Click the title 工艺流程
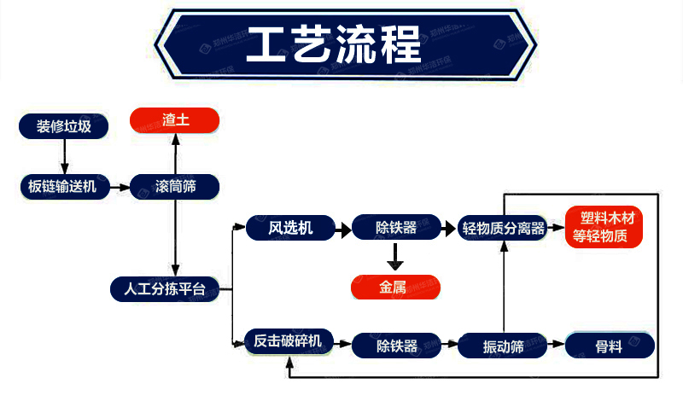pos(334,44)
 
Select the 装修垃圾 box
pos(63,126)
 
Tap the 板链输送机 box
pos(65,187)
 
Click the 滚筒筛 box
pos(175,187)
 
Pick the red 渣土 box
pos(175,120)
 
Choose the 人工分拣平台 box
pos(165,289)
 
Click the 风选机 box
pos(290,228)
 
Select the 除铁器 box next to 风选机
pos(396,227)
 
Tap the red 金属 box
pos(395,288)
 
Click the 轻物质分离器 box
pos(503,228)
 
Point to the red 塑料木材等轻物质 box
pos(604,227)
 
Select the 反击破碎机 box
pos(289,341)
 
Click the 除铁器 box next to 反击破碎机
pos(396,346)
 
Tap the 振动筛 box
pos(503,346)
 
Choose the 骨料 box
pos(610,346)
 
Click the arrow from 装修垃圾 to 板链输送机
pos(65,157)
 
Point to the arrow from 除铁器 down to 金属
pos(395,257)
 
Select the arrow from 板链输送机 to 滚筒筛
pos(120,187)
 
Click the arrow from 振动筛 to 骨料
pos(557,344)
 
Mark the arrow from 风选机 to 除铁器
pos(343,230)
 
